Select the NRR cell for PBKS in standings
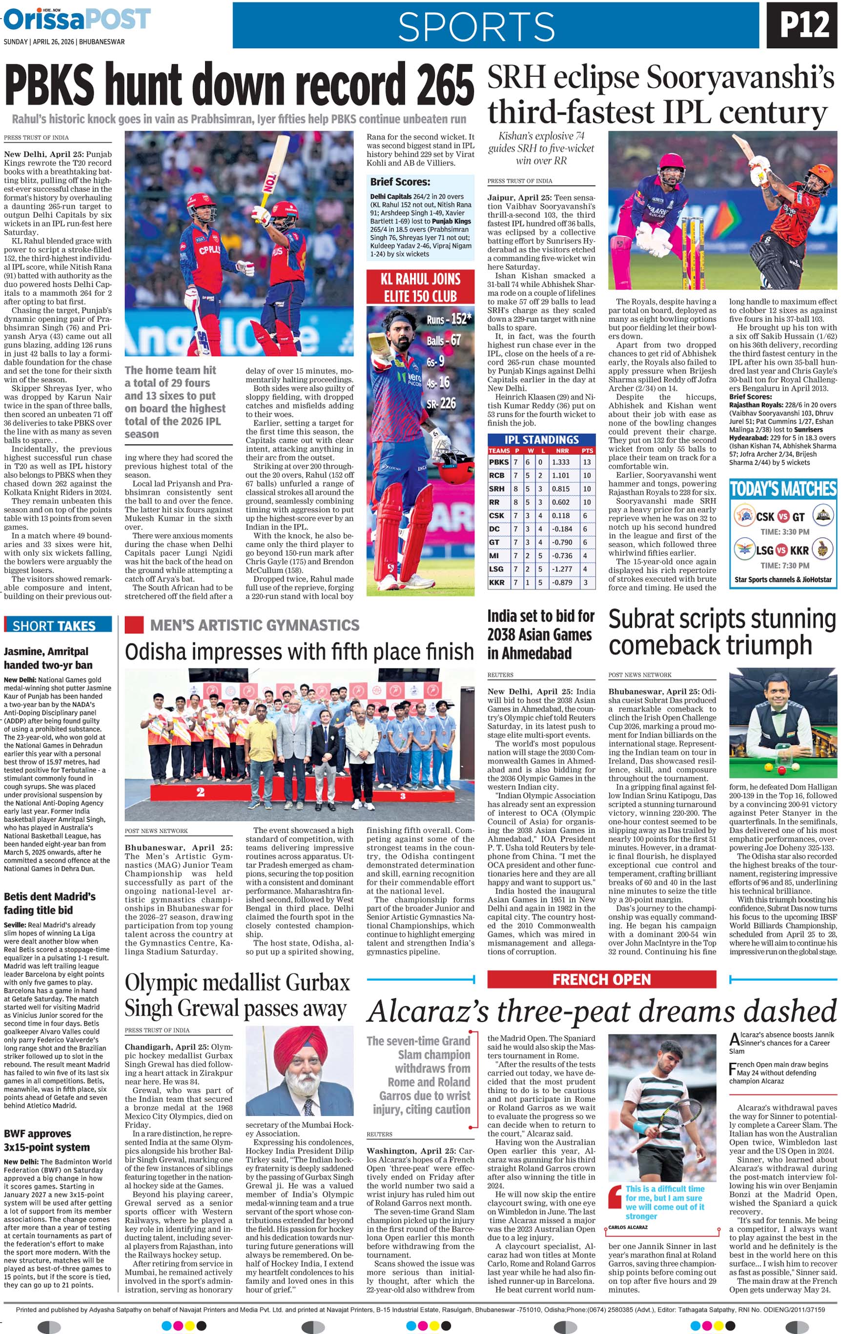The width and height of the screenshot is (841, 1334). click(x=560, y=462)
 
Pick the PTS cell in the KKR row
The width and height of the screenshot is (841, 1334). click(x=586, y=582)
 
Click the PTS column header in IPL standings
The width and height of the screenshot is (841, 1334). click(x=587, y=450)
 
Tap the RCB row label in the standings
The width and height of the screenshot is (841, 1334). click(x=496, y=475)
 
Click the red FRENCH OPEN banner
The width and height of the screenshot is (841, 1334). click(x=601, y=979)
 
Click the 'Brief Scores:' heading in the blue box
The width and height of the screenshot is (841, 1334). click(x=400, y=182)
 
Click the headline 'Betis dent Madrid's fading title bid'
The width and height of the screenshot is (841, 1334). click(x=50, y=903)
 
